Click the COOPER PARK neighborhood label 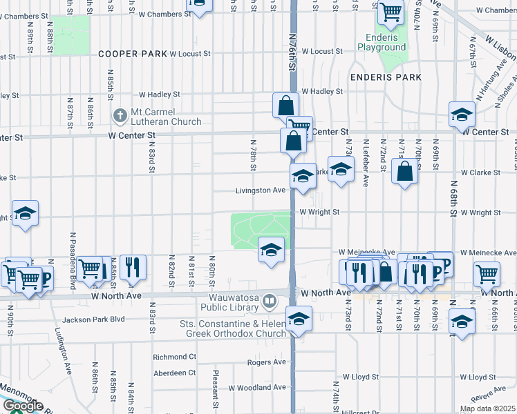133,53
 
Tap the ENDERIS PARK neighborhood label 386,77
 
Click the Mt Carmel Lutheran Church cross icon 119,115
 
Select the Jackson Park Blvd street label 93,319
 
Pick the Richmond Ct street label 174,357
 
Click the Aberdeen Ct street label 174,373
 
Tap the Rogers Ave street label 266,362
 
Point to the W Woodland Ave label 258,387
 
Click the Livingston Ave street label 261,190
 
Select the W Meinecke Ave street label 366,253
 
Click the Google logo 22,406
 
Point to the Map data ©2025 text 487,408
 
